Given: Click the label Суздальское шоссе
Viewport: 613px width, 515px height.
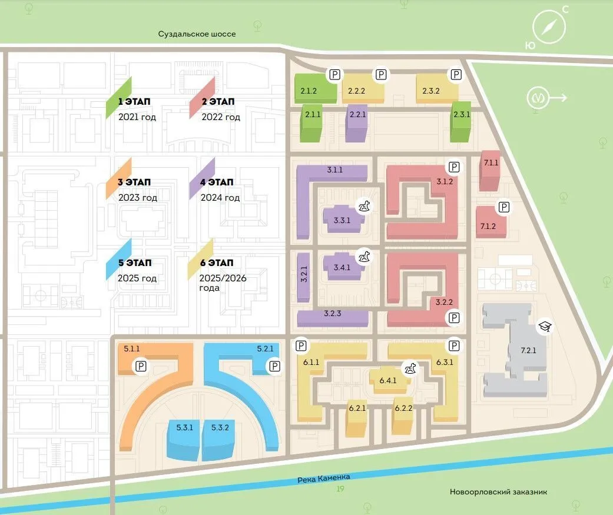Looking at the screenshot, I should (197, 34).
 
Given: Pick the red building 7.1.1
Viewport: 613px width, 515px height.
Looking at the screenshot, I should (489, 170).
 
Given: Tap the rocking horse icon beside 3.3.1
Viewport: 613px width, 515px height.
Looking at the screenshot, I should (366, 206).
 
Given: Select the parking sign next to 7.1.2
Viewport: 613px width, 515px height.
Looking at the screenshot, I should (503, 207).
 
